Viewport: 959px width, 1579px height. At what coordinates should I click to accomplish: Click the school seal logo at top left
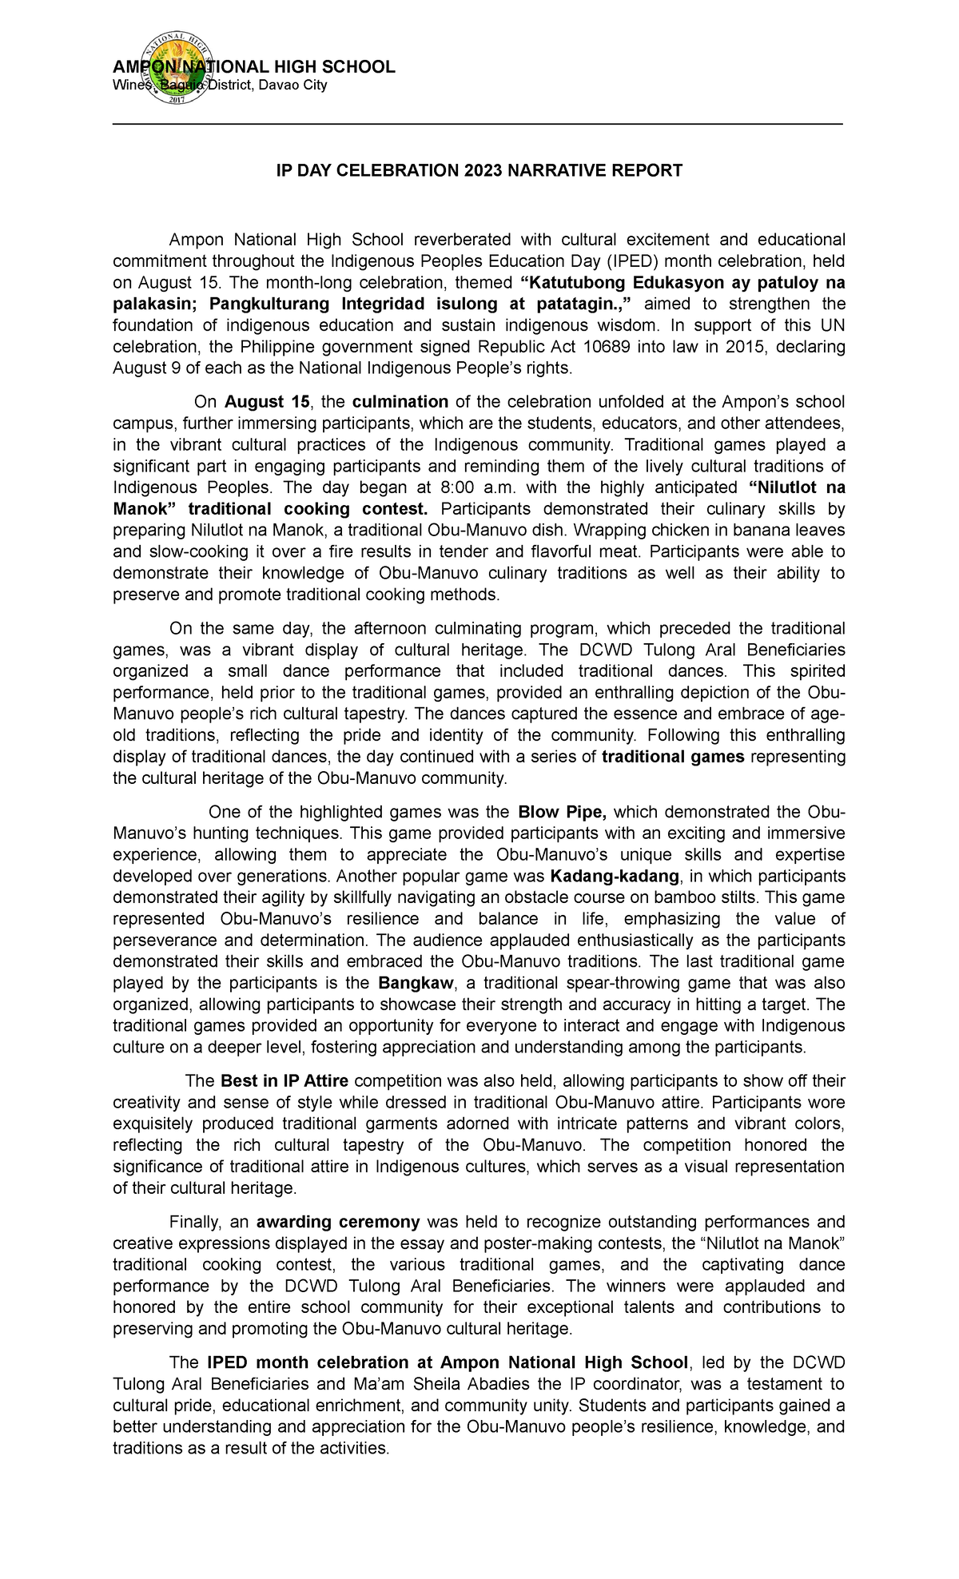pos(175,70)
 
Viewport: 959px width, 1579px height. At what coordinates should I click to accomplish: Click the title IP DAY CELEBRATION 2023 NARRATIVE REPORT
pos(479,170)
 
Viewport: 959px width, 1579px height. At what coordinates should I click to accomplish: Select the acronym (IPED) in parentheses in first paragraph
pos(631,261)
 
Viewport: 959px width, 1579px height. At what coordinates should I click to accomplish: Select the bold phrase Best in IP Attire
pos(285,1081)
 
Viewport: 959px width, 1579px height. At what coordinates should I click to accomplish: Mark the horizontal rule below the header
pos(478,125)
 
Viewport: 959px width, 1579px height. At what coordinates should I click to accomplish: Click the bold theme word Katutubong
pos(573,283)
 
